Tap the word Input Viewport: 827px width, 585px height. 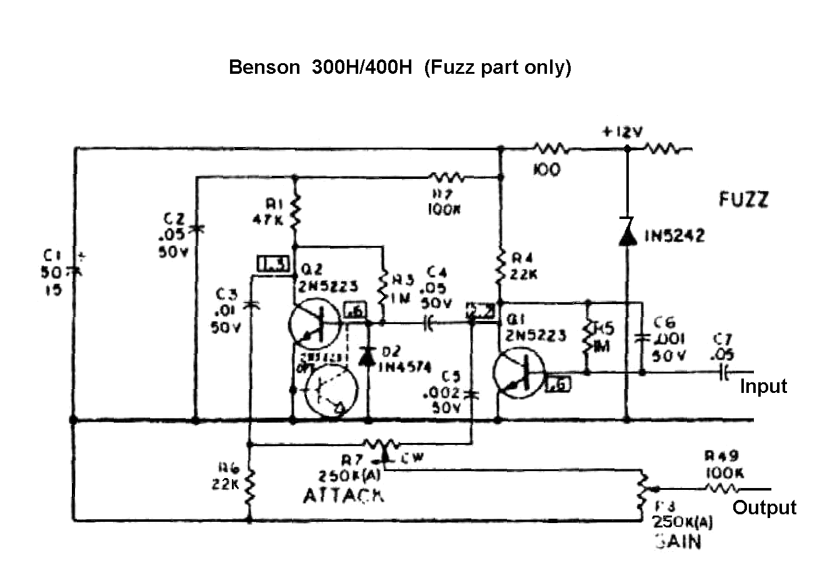pos(763,386)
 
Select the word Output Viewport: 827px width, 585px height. pos(764,507)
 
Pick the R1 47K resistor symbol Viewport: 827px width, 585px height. pos(295,211)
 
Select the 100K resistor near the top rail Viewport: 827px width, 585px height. pos(446,177)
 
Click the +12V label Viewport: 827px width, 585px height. pos(622,132)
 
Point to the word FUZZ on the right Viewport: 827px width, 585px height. pos(743,200)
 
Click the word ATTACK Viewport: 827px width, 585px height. pos(343,496)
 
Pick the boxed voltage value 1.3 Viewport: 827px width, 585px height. pos(273,265)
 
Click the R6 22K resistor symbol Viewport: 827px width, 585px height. pos(250,482)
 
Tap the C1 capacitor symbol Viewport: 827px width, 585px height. pos(74,271)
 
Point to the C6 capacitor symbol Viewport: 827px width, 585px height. pos(642,338)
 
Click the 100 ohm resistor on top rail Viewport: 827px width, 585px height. pos(550,150)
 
